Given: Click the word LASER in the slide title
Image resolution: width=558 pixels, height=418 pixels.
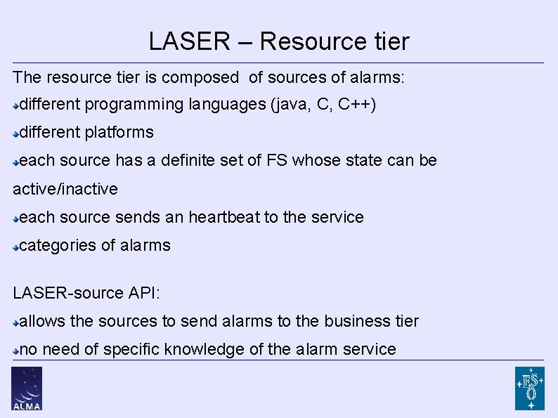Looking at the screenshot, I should pos(189,41).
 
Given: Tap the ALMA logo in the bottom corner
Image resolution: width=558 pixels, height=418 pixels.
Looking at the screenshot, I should pos(27,388).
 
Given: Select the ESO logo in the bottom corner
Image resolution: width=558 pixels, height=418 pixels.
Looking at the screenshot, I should pos(529,388).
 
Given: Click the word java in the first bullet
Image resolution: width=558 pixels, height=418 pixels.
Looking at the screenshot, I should pos(290,105).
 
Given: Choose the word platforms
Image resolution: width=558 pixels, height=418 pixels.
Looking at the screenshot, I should pos(119,132).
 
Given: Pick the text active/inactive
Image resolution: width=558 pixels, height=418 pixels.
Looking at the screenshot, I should pos(65,189).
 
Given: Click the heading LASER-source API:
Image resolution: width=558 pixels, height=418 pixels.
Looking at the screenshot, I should pos(86,292).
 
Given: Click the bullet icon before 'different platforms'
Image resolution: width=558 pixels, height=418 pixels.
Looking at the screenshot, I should pos(16,133).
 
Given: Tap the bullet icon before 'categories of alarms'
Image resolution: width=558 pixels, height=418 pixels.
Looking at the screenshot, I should pos(16,247).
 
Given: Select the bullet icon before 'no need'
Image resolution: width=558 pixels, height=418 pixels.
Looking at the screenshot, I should pos(16,350).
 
